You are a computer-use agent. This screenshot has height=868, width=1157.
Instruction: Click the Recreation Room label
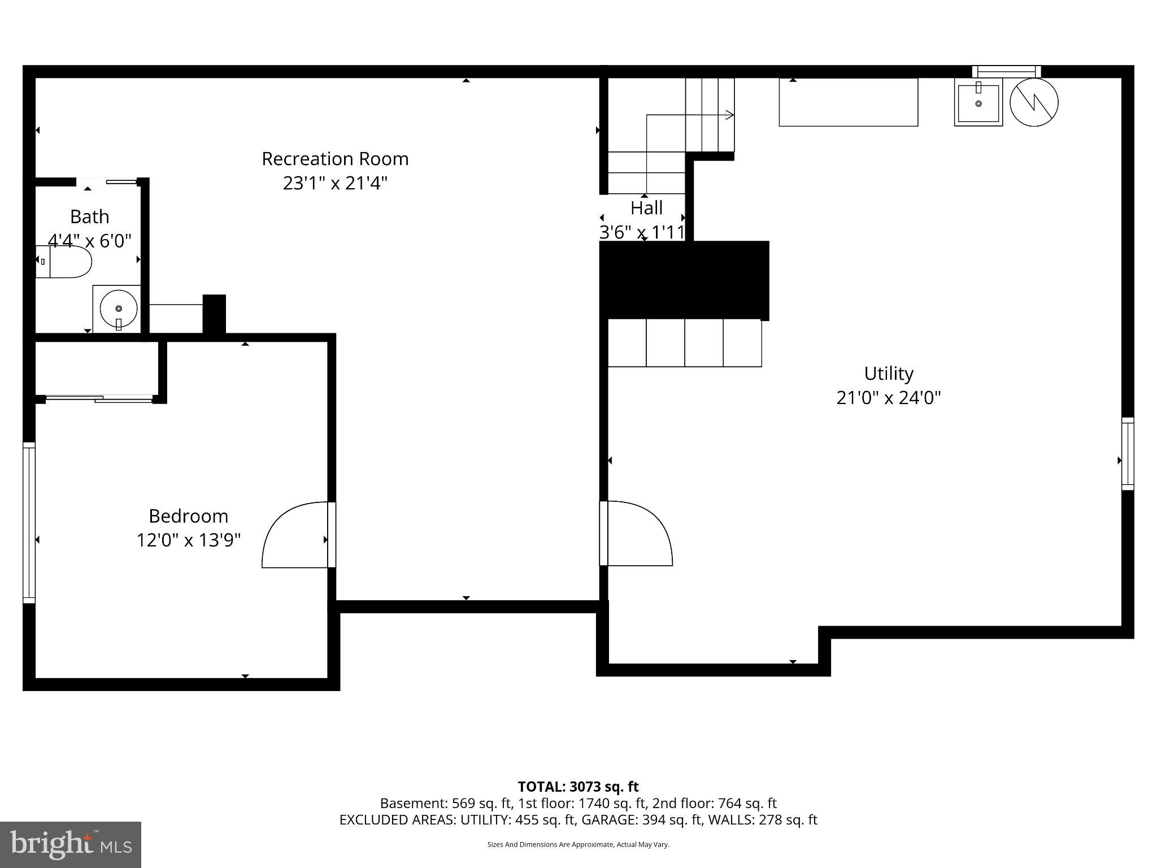[x=335, y=159]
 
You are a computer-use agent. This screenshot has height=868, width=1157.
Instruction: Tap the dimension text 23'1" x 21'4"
[x=335, y=183]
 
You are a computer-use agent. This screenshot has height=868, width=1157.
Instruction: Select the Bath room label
[x=89, y=216]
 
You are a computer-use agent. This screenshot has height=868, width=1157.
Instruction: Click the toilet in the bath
[x=64, y=261]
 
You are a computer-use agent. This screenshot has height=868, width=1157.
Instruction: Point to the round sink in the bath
[x=119, y=309]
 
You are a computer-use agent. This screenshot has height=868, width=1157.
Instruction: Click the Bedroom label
[x=188, y=516]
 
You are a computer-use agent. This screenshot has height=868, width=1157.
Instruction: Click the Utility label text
[x=889, y=374]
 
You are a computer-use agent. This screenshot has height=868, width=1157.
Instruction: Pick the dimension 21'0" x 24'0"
[x=889, y=398]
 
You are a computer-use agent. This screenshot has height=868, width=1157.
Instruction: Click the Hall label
[x=646, y=208]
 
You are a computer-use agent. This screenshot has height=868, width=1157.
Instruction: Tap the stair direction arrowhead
[x=729, y=115]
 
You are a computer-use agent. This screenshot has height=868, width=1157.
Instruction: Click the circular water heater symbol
[x=1034, y=102]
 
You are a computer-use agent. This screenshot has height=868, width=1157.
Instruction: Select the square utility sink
[x=978, y=102]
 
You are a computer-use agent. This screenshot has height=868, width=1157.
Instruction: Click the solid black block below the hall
[x=684, y=280]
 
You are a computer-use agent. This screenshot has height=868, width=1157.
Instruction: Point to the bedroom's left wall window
[x=29, y=523]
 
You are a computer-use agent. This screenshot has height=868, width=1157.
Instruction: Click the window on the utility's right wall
[x=1128, y=454]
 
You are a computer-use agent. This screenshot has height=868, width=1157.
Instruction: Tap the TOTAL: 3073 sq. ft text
[x=578, y=787]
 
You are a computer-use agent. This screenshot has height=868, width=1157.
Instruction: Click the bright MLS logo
[x=71, y=844]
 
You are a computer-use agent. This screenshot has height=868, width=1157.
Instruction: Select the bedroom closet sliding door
[x=99, y=399]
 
